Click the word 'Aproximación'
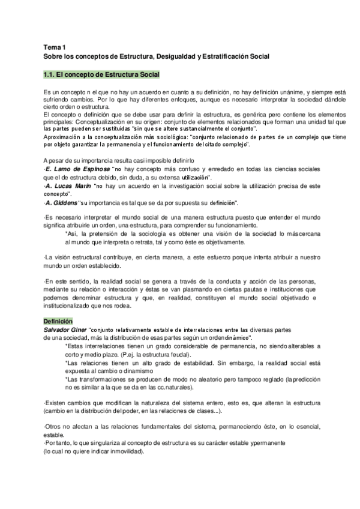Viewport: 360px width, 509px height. pyautogui.click(x=62, y=137)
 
